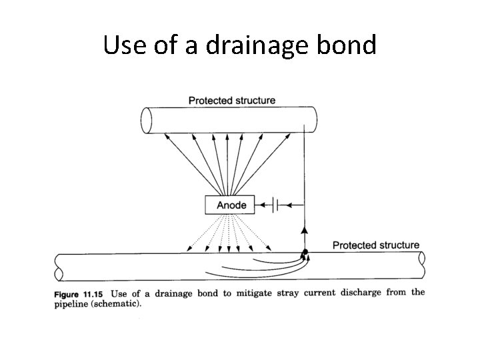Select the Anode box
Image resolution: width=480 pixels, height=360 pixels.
231,205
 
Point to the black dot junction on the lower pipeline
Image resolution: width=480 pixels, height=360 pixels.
305,252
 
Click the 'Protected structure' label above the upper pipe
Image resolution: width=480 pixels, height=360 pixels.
231,101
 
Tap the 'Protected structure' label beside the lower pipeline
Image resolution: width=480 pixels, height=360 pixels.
376,245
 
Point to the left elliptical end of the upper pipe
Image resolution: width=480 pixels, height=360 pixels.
147,121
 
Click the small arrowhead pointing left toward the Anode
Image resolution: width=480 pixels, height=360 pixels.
261,205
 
